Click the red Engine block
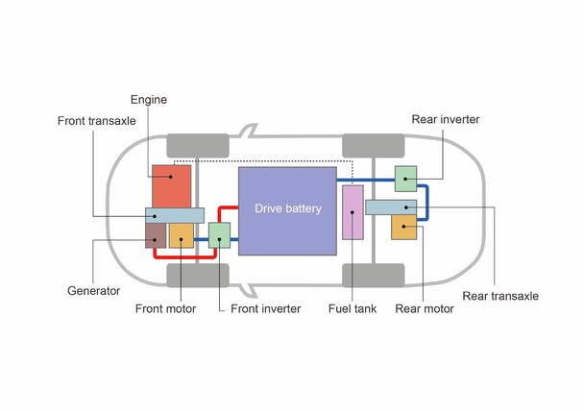point(171,186)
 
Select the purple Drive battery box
point(287,210)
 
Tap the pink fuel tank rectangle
point(353,212)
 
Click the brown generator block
point(156,235)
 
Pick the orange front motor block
point(182,235)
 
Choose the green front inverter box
point(219,235)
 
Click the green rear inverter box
point(405,179)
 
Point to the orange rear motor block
point(403,228)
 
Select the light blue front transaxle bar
point(175,215)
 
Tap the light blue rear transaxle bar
point(391,207)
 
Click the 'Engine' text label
point(149,100)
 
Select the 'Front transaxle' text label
point(97,121)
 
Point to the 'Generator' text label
point(93,290)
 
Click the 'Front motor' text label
point(165,308)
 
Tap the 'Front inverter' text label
point(265,308)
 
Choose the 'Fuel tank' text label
point(353,308)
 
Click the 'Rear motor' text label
point(425,308)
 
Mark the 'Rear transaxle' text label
point(500,296)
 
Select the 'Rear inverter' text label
point(446,119)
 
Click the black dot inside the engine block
point(171,177)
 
